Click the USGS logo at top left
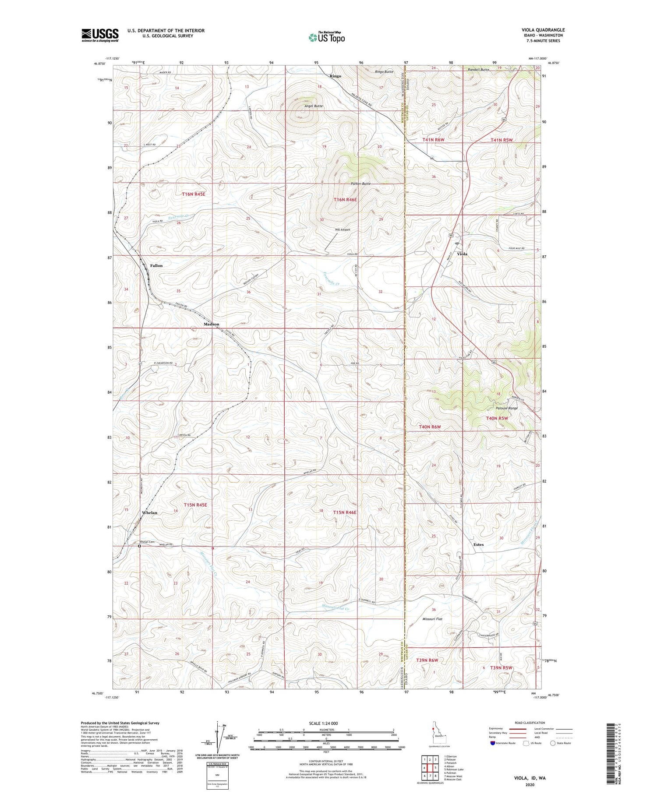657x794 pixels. (x=100, y=35)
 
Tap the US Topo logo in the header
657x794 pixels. (x=326, y=38)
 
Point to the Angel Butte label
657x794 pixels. (x=314, y=106)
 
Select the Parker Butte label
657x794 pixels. (x=361, y=184)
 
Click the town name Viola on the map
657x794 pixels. (x=462, y=254)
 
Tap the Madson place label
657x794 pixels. (x=211, y=324)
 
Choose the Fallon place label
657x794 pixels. (x=156, y=265)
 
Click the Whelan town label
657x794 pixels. (x=149, y=512)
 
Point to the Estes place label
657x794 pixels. (x=478, y=544)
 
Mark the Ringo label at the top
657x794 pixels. (x=335, y=76)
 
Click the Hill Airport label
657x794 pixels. (x=343, y=229)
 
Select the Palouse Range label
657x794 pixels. (x=506, y=408)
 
